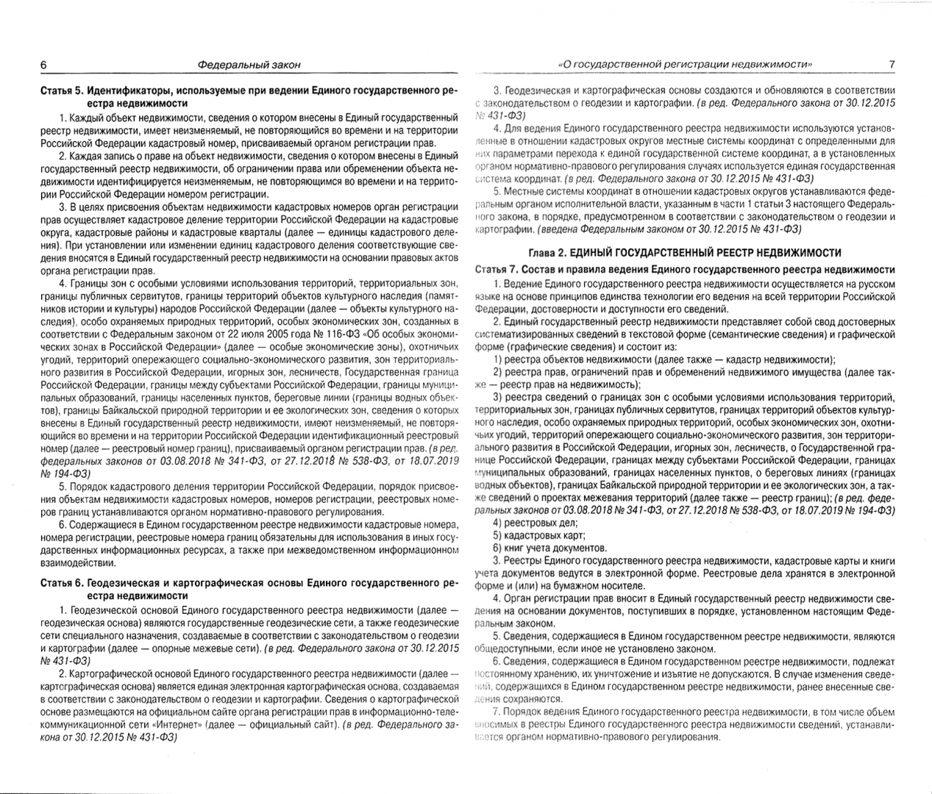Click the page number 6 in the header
point(43,65)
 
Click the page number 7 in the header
point(891,65)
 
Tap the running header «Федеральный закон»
point(250,65)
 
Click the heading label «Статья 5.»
point(61,91)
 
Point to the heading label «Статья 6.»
point(61,584)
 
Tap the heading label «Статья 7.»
point(500,269)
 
